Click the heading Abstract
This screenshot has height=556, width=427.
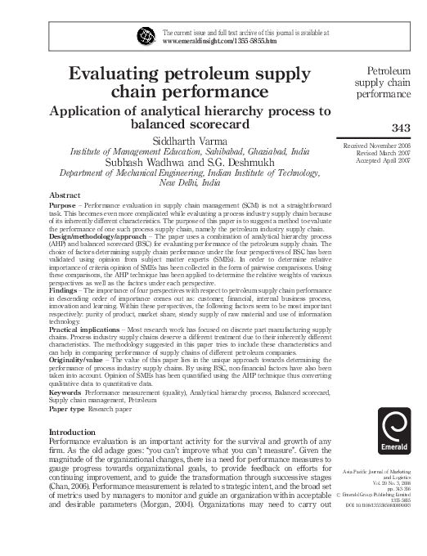[x=65, y=195]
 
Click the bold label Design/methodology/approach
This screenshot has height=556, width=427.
[x=97, y=244]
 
